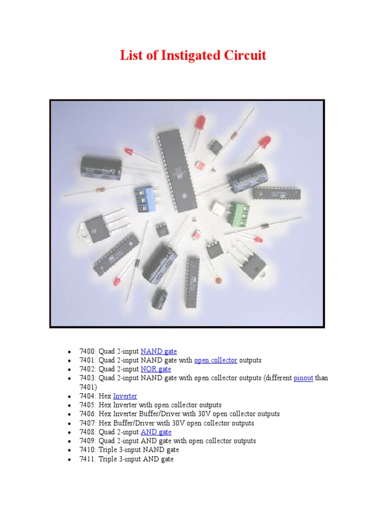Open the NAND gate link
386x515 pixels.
[158, 352]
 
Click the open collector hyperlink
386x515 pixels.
[216, 361]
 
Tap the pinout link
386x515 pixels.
[303, 378]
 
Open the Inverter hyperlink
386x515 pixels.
[125, 396]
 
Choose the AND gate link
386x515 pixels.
[156, 432]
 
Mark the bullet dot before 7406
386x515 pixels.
[69, 414]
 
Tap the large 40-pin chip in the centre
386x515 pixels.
[171, 168]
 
